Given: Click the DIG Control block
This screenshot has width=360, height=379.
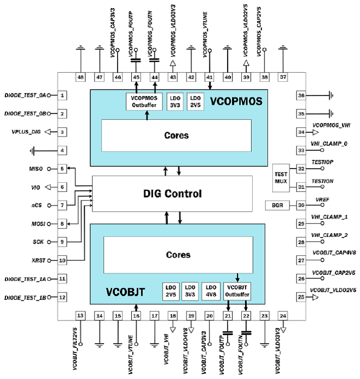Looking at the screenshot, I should click(x=173, y=194).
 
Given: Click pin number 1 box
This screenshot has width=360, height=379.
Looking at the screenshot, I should click(x=63, y=95).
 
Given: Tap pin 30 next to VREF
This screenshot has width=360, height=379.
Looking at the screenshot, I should click(x=301, y=205).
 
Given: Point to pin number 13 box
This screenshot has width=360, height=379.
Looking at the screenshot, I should click(x=80, y=315).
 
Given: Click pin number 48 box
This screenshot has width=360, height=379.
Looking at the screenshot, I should click(x=80, y=78).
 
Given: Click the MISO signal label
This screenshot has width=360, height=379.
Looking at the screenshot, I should click(x=36, y=169).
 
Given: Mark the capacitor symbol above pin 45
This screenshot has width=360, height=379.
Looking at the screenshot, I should click(x=136, y=61).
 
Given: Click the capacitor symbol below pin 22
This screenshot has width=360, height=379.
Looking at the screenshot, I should click(x=246, y=331).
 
